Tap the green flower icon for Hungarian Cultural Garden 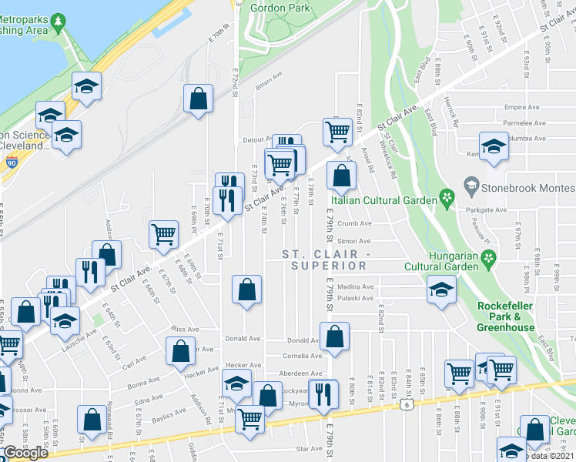tap(487, 266)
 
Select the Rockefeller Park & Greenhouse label tap(506, 316)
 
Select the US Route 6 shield tap(405, 403)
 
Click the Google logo tap(25, 453)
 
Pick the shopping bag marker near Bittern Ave tap(199, 99)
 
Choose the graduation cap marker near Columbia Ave tap(493, 145)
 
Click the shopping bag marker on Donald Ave tap(335, 336)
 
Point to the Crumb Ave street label tap(356, 224)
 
